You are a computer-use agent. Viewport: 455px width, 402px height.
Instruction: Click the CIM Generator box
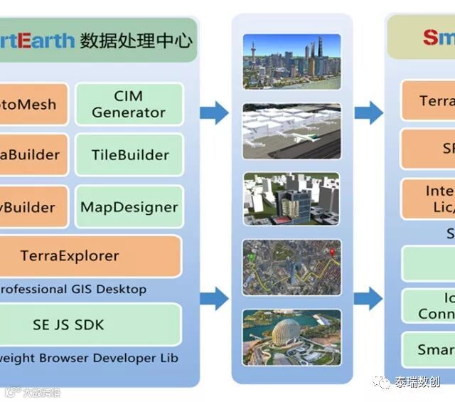tap(129, 104)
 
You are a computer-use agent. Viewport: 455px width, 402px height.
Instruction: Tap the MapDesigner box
tap(129, 207)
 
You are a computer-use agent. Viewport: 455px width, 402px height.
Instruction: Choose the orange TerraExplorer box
tap(90, 256)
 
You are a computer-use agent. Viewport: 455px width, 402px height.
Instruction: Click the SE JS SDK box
tap(90, 324)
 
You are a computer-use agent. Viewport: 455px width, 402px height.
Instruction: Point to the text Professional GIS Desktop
tap(71, 289)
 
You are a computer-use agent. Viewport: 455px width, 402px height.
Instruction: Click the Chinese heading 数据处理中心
tap(136, 40)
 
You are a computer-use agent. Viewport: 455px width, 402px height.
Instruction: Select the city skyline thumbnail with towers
tap(291, 62)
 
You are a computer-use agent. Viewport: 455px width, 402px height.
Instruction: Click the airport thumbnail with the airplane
tap(291, 130)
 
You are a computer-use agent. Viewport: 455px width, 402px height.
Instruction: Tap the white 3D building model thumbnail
tap(291, 199)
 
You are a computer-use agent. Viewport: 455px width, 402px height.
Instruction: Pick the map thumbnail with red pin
tap(291, 266)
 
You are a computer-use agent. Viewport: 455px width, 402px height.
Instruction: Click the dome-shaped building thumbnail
tap(291, 337)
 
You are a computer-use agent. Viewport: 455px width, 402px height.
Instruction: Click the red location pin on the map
tap(331, 250)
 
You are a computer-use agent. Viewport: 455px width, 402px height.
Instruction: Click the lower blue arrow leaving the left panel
tap(213, 297)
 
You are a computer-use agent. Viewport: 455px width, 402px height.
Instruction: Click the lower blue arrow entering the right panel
tap(368, 297)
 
